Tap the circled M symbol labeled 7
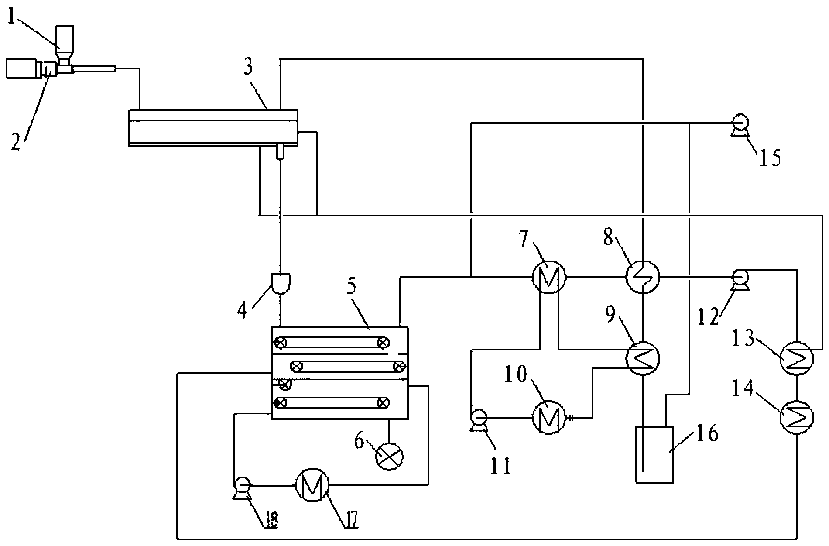(549, 276)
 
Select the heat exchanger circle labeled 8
(643, 276)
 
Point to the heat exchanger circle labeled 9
(643, 358)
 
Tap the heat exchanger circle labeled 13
(797, 358)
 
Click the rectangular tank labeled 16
(653, 454)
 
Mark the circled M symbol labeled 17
(312, 485)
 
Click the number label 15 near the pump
(767, 158)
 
